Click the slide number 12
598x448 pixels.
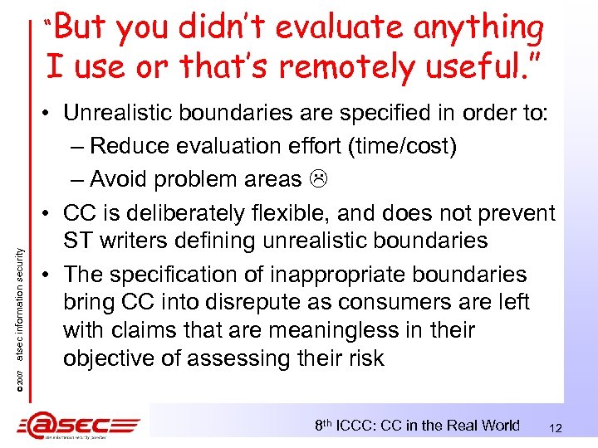[556, 428]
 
